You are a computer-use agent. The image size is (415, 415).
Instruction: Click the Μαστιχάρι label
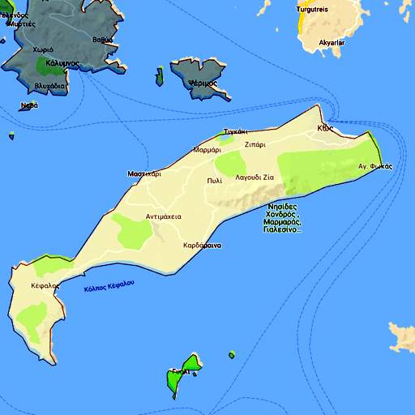[x=144, y=173]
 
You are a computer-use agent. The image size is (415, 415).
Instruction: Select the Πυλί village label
[x=214, y=180]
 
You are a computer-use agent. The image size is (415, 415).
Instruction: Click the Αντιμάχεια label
[x=163, y=216]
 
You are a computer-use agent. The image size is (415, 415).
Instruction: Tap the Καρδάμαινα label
[x=203, y=244]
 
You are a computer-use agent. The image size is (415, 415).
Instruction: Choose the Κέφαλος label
[x=45, y=285]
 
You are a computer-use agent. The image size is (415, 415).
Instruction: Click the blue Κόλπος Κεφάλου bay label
[x=109, y=286]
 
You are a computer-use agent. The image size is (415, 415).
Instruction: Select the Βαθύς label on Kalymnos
[x=102, y=39]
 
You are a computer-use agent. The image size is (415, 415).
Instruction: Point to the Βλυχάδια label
[x=50, y=86]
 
